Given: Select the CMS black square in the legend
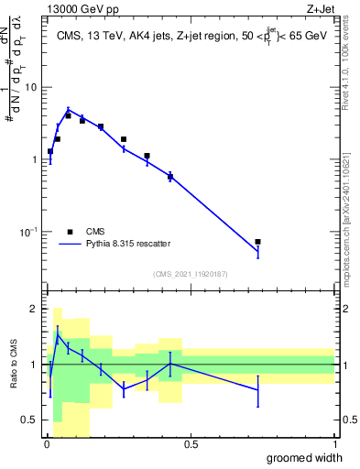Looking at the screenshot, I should coord(70,232).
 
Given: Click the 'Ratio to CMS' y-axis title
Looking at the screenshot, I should coord(14,365).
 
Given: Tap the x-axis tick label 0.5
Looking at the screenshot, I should coord(191,444).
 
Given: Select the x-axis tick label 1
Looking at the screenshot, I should coord(334,444).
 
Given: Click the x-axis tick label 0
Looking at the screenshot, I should coord(47,444).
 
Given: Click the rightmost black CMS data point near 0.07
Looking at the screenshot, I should coord(257,242).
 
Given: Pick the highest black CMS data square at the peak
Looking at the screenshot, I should coord(68,115).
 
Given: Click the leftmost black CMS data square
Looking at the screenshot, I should coord(50,152).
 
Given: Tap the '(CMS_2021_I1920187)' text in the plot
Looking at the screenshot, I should coord(190,273).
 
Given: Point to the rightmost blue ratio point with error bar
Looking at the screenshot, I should coord(257,390).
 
